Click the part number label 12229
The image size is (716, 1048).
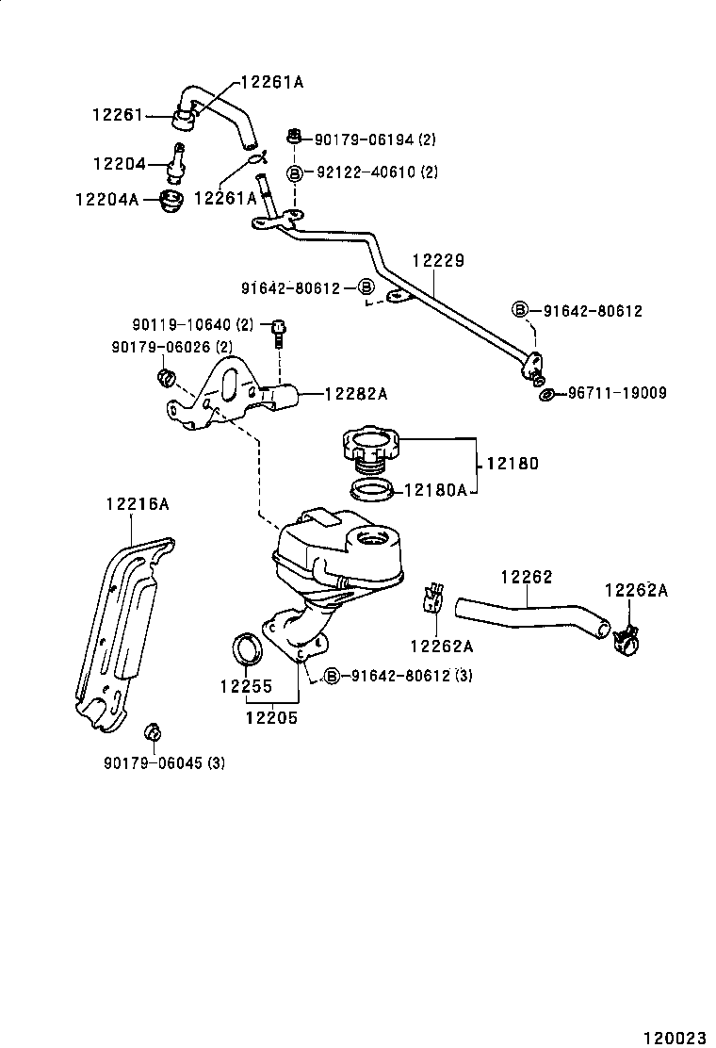tap(437, 261)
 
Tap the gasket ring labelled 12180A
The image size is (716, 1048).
tap(371, 489)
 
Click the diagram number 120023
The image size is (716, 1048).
tap(675, 1038)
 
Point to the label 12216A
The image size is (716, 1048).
tap(137, 504)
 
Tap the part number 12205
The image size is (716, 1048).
tap(272, 717)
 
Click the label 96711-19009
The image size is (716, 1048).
tap(617, 393)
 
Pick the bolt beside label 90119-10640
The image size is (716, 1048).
tap(278, 330)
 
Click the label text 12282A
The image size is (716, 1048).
tap(357, 394)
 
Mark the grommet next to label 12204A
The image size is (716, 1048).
tap(171, 201)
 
